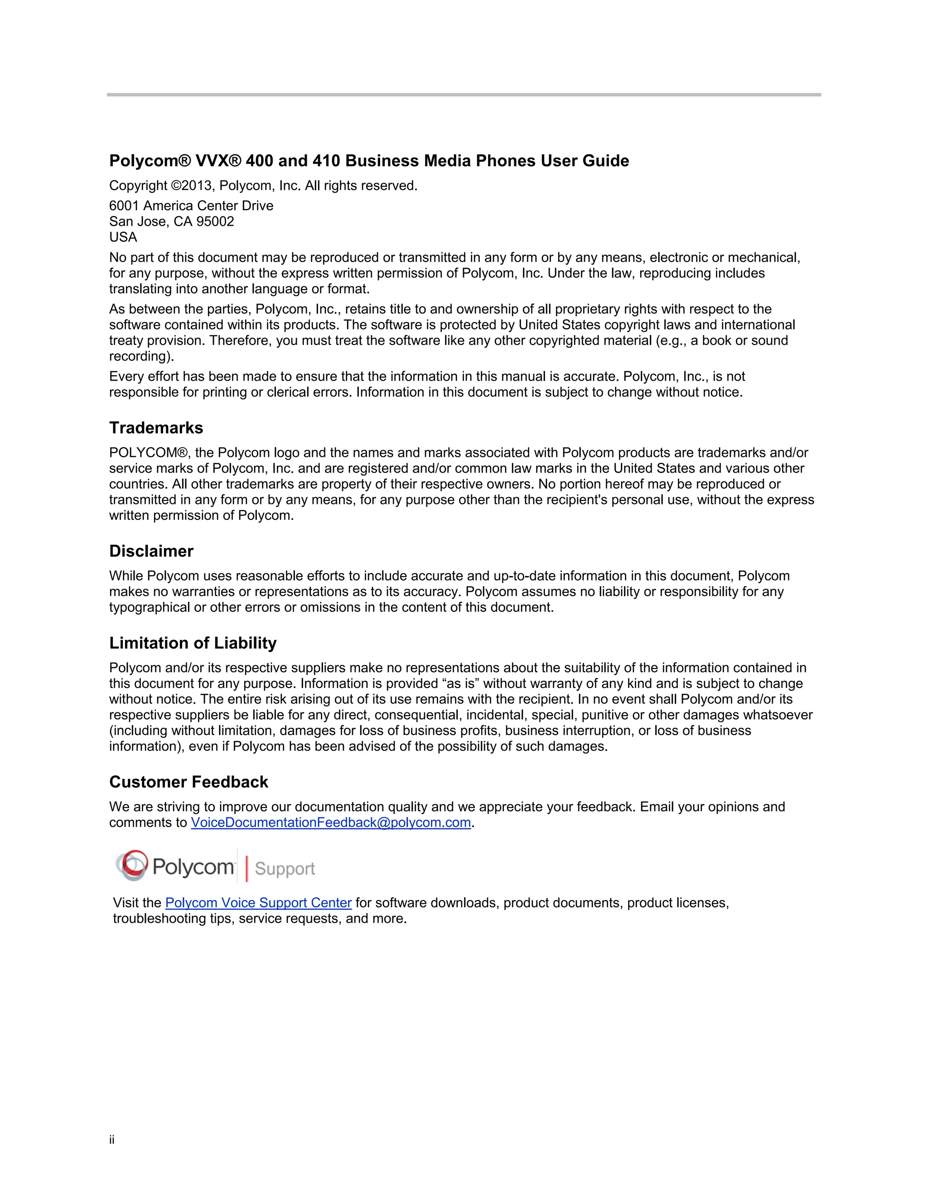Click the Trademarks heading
pyautogui.click(x=156, y=428)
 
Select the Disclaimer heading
pyautogui.click(x=151, y=551)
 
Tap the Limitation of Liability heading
pyautogui.click(x=193, y=643)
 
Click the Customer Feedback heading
pyautogui.click(x=188, y=782)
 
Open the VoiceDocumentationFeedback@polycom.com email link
pyautogui.click(x=331, y=823)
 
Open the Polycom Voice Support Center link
pyautogui.click(x=258, y=903)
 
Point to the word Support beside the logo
pyautogui.click(x=285, y=869)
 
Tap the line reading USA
pyautogui.click(x=123, y=237)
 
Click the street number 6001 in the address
pyautogui.click(x=124, y=206)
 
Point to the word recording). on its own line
pyautogui.click(x=141, y=356)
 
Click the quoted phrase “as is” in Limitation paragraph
pyautogui.click(x=460, y=683)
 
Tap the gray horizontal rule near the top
pyautogui.click(x=464, y=95)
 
